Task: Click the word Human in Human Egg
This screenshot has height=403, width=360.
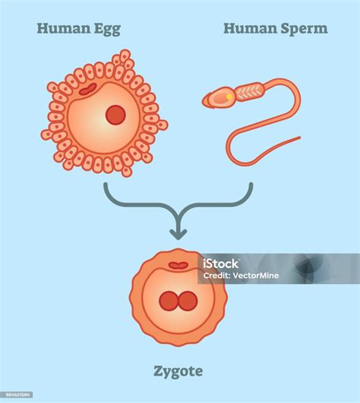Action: click(x=64, y=28)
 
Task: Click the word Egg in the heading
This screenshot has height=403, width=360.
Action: click(x=107, y=30)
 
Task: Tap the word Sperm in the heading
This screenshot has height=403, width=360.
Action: click(x=305, y=29)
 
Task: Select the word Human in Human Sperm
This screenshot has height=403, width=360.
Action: click(x=250, y=28)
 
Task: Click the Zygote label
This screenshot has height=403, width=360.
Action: click(x=178, y=372)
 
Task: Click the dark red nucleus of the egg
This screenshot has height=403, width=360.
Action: click(x=115, y=115)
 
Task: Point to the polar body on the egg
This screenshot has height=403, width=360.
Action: click(x=88, y=89)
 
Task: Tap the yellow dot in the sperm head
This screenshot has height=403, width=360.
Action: click(x=229, y=96)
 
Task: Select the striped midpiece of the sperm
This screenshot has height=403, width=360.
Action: click(x=249, y=92)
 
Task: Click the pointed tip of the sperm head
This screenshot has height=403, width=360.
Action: click(x=203, y=101)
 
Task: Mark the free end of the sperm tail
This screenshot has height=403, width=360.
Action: click(x=299, y=138)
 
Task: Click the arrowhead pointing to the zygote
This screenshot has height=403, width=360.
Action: click(x=178, y=235)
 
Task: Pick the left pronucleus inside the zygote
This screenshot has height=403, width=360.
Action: click(x=169, y=301)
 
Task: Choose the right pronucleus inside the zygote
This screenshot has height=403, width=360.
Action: click(x=188, y=301)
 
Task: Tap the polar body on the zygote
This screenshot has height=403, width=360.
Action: click(x=178, y=266)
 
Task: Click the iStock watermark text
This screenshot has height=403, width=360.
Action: click(x=220, y=263)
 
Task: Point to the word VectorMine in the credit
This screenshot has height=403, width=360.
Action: click(x=256, y=275)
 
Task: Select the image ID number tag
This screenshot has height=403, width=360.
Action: click(x=17, y=395)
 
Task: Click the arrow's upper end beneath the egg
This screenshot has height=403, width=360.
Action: click(x=106, y=184)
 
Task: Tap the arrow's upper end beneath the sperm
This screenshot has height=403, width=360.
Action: click(x=251, y=184)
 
